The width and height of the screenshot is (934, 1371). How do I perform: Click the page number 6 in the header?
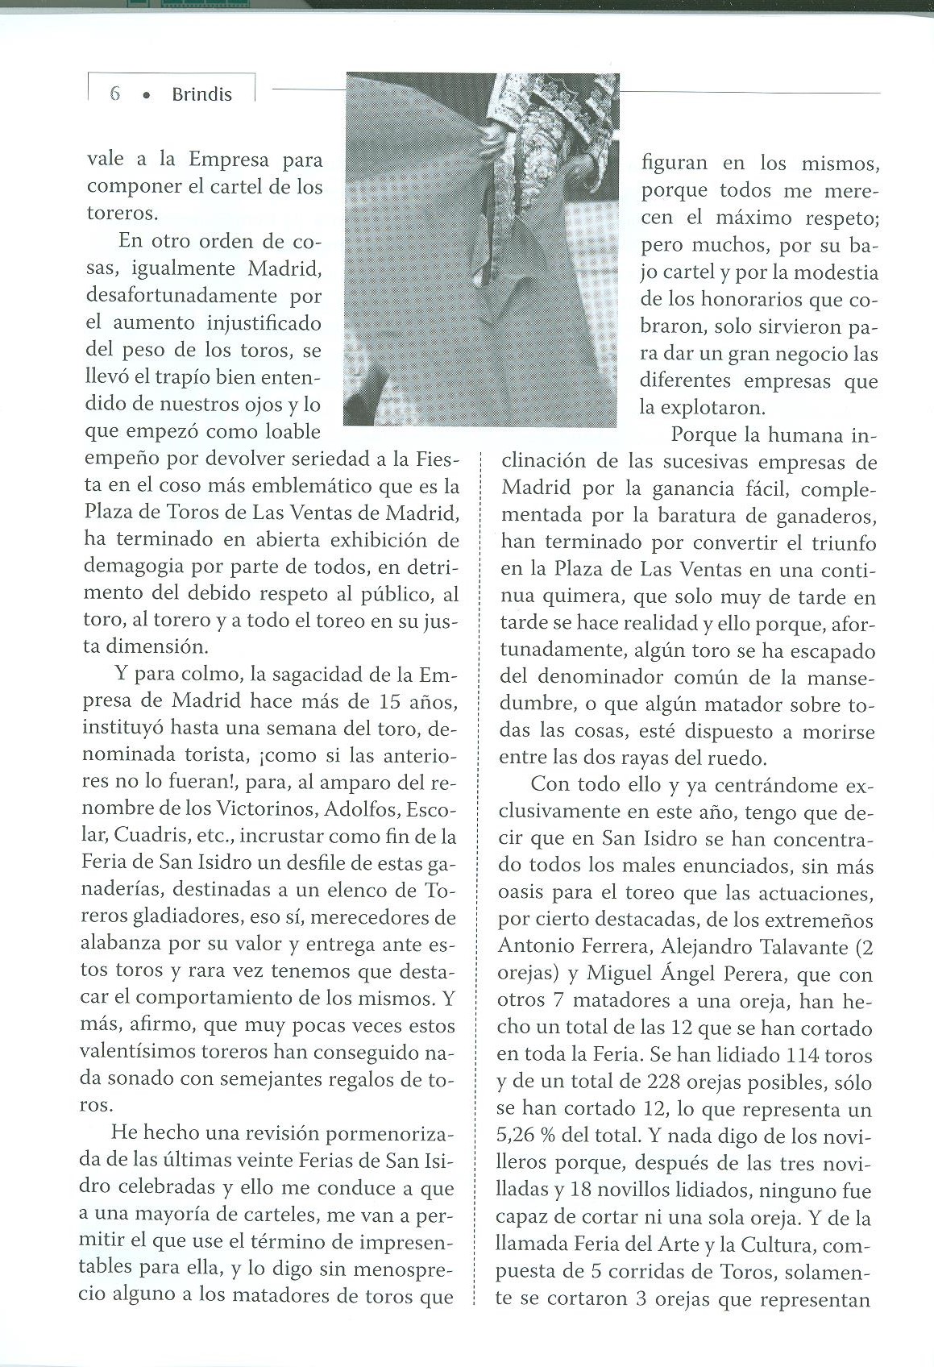coord(114,93)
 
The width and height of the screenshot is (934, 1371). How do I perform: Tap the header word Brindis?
coord(201,93)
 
